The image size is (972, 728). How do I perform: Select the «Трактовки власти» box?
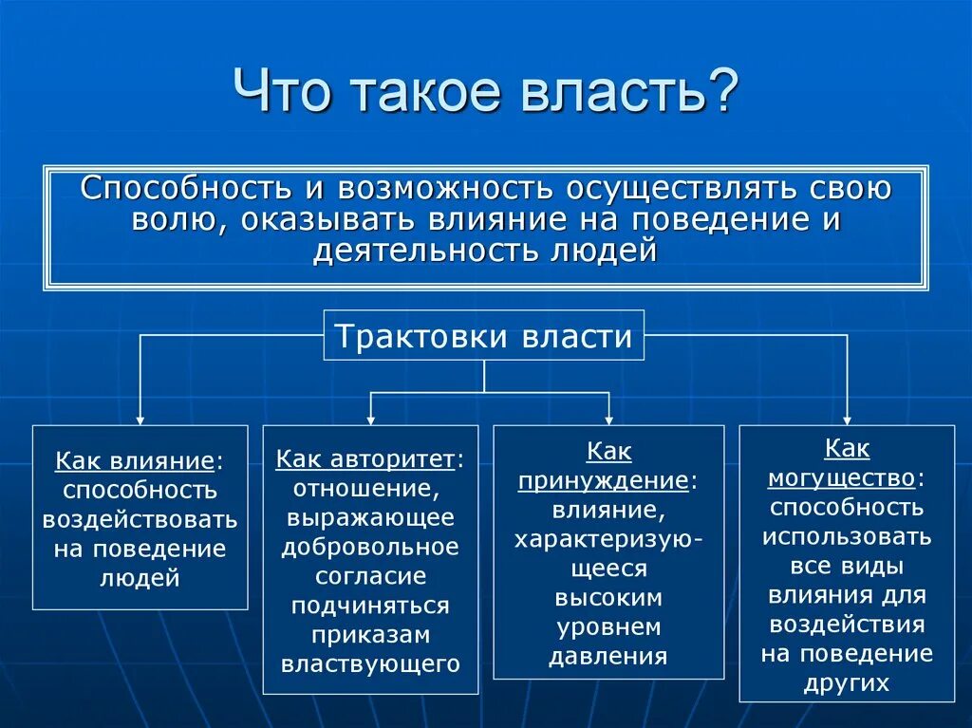pos(484,336)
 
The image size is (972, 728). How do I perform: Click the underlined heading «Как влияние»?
pos(134,461)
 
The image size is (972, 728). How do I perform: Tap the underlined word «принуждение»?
pos(603,480)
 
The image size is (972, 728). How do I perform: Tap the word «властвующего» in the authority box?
pos(370,663)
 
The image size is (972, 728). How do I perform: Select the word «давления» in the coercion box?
pos(608,657)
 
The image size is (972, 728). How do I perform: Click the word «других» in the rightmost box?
pos(847,682)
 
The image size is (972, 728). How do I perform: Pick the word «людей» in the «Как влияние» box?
pos(140,578)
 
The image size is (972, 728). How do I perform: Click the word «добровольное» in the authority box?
pos(370,548)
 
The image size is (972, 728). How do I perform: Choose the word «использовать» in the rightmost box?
pos(847,536)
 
